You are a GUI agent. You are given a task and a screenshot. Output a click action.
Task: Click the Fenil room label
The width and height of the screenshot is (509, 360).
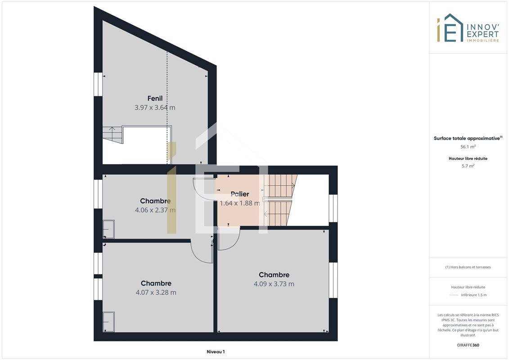click(x=155, y=98)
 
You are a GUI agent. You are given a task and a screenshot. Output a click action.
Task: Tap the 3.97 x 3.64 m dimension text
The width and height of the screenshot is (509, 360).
click(x=155, y=108)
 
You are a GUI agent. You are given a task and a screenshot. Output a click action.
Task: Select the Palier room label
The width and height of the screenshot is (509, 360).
click(x=240, y=194)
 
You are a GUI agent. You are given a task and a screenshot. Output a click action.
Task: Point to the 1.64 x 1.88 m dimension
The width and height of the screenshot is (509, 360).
click(x=240, y=203)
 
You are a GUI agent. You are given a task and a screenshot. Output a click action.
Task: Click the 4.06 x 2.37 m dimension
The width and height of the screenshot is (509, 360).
click(x=155, y=210)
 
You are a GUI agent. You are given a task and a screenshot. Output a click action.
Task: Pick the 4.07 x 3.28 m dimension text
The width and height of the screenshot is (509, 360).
click(x=156, y=292)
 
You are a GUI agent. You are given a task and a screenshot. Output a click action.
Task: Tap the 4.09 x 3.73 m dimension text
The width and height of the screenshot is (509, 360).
click(x=274, y=283)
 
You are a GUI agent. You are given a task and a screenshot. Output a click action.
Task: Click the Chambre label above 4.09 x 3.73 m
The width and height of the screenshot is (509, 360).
click(x=274, y=274)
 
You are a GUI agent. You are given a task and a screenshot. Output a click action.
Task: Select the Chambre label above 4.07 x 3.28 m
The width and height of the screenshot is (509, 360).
click(x=156, y=283)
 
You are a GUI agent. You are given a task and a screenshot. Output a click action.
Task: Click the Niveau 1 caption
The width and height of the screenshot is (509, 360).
click(x=216, y=351)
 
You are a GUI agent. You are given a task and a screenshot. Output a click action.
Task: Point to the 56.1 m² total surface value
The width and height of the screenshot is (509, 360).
click(x=468, y=147)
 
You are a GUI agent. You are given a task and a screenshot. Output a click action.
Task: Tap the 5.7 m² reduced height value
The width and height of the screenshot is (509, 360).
click(x=468, y=166)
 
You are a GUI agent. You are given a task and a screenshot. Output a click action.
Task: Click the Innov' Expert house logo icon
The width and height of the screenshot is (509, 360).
click(x=450, y=27)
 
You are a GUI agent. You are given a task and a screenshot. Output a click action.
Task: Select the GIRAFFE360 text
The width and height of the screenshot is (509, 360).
click(x=468, y=345)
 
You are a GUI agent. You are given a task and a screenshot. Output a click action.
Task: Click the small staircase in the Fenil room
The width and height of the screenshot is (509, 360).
click(x=113, y=135)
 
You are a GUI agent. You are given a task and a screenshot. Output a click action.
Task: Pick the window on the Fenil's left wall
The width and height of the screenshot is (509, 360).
click(x=98, y=84)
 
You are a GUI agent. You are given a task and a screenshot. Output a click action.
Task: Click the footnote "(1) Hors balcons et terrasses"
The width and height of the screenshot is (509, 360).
click(x=468, y=267)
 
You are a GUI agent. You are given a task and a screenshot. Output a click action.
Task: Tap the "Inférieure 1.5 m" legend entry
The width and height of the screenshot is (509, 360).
click(x=473, y=295)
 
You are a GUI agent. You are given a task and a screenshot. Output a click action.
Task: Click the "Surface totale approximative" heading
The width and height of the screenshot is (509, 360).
click(x=467, y=138)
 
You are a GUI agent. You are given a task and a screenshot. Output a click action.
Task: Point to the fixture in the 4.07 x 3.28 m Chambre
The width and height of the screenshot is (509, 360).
click(x=109, y=322)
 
